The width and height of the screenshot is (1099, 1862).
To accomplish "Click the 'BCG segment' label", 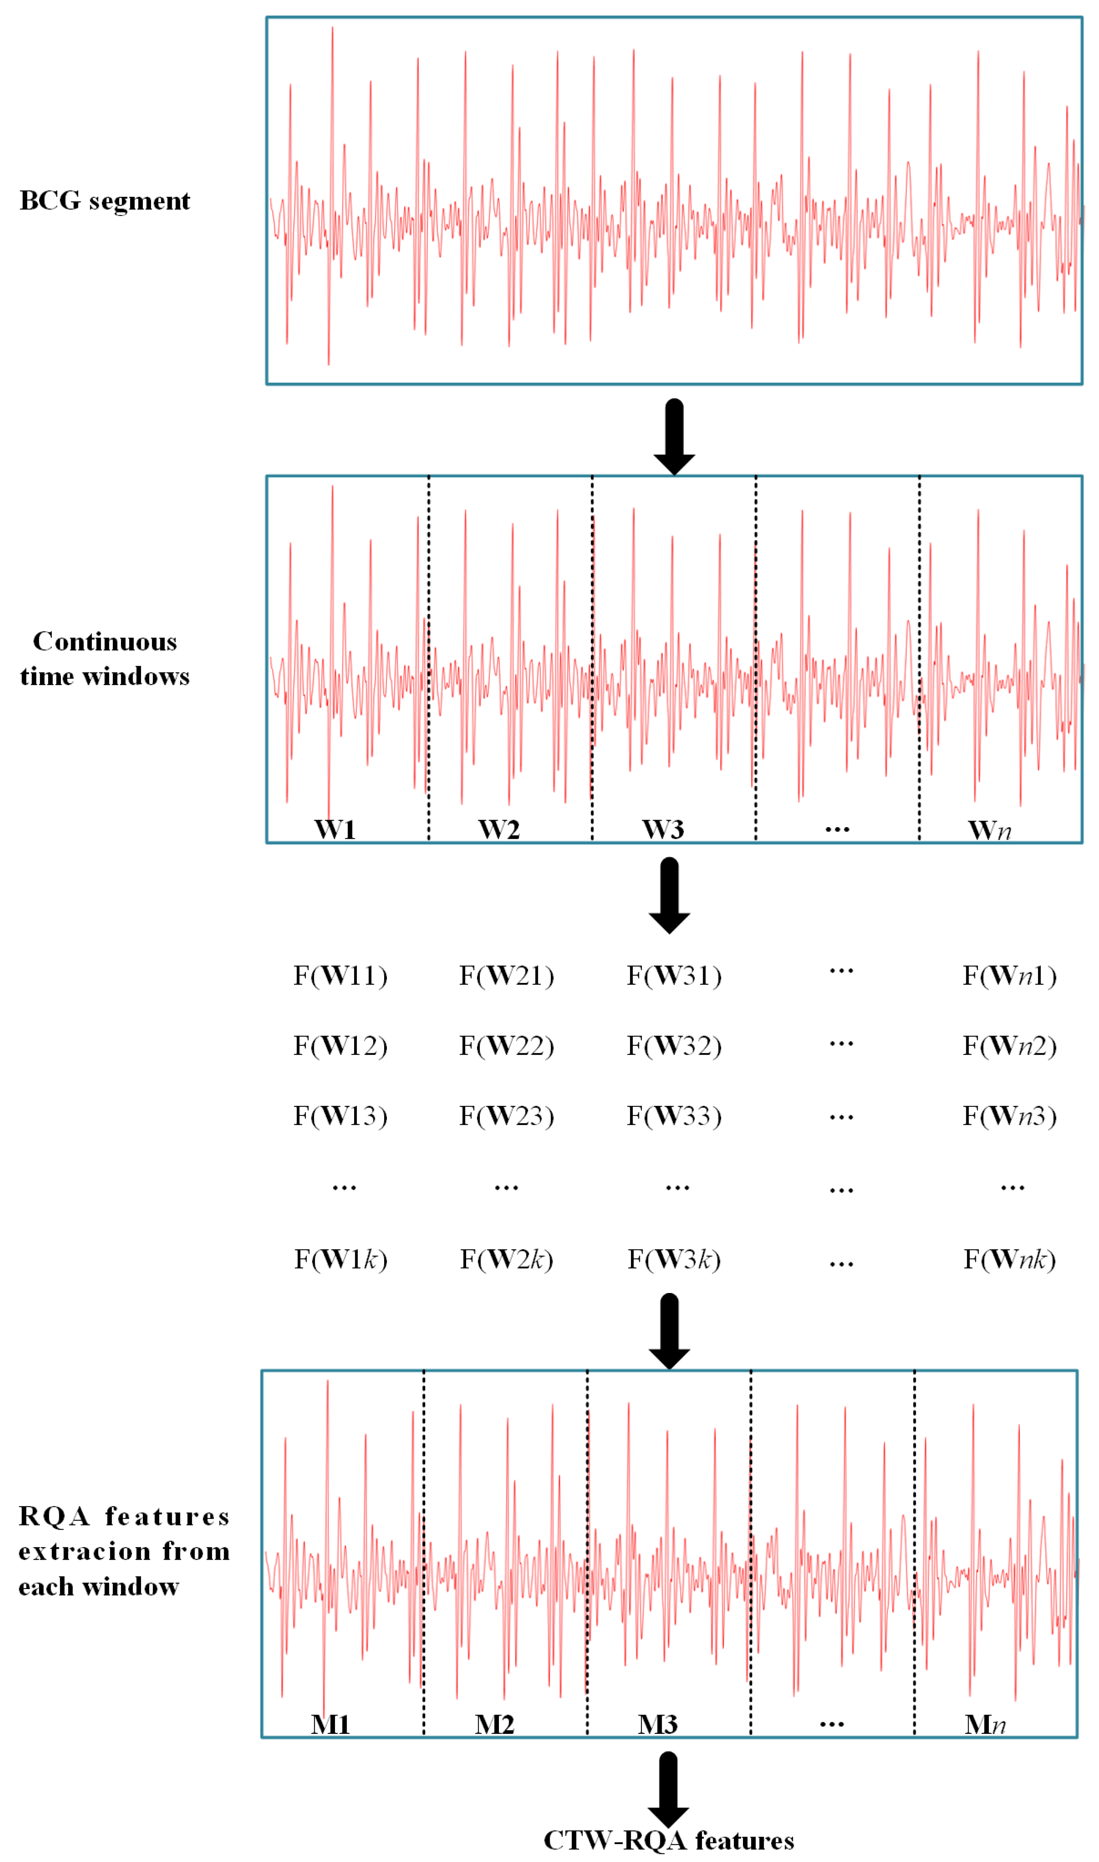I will [104, 201].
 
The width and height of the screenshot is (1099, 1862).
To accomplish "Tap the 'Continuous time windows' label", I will [104, 658].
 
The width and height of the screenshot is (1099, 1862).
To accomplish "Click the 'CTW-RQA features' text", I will [669, 1841].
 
